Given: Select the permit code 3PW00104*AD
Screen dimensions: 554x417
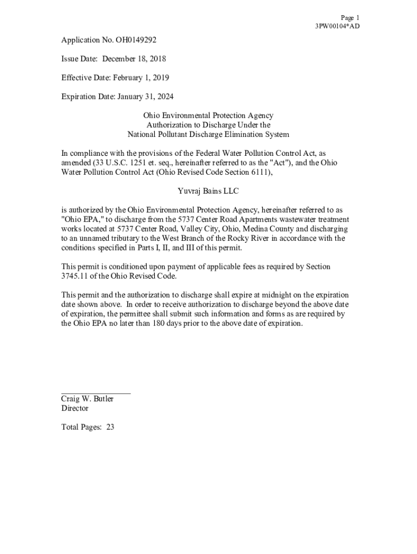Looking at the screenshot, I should pyautogui.click(x=337, y=26).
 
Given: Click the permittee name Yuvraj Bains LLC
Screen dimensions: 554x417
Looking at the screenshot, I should pyautogui.click(x=208, y=192).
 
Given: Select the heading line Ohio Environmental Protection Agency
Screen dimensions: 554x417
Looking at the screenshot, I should pyautogui.click(x=208, y=116).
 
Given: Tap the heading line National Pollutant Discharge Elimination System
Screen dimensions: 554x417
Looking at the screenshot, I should pyautogui.click(x=208, y=135).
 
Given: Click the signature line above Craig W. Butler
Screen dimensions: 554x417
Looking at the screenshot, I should pyautogui.click(x=96, y=393).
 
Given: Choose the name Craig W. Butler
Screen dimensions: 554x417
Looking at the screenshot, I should pyautogui.click(x=87, y=399).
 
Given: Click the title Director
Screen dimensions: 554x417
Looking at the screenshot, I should pyautogui.click(x=74, y=408).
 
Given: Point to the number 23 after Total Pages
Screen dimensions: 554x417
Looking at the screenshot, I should pyautogui.click(x=110, y=427).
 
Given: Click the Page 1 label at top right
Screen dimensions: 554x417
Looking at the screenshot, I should pyautogui.click(x=350, y=18).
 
